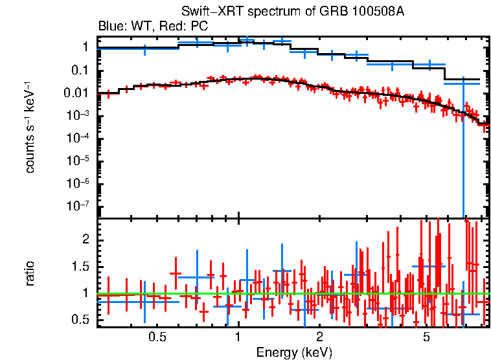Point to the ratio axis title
pyautogui.click(x=30, y=273)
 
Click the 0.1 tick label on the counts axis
pyautogui.click(x=80, y=71)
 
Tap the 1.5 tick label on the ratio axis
pyautogui.click(x=80, y=267)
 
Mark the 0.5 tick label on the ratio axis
pyautogui.click(x=80, y=320)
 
